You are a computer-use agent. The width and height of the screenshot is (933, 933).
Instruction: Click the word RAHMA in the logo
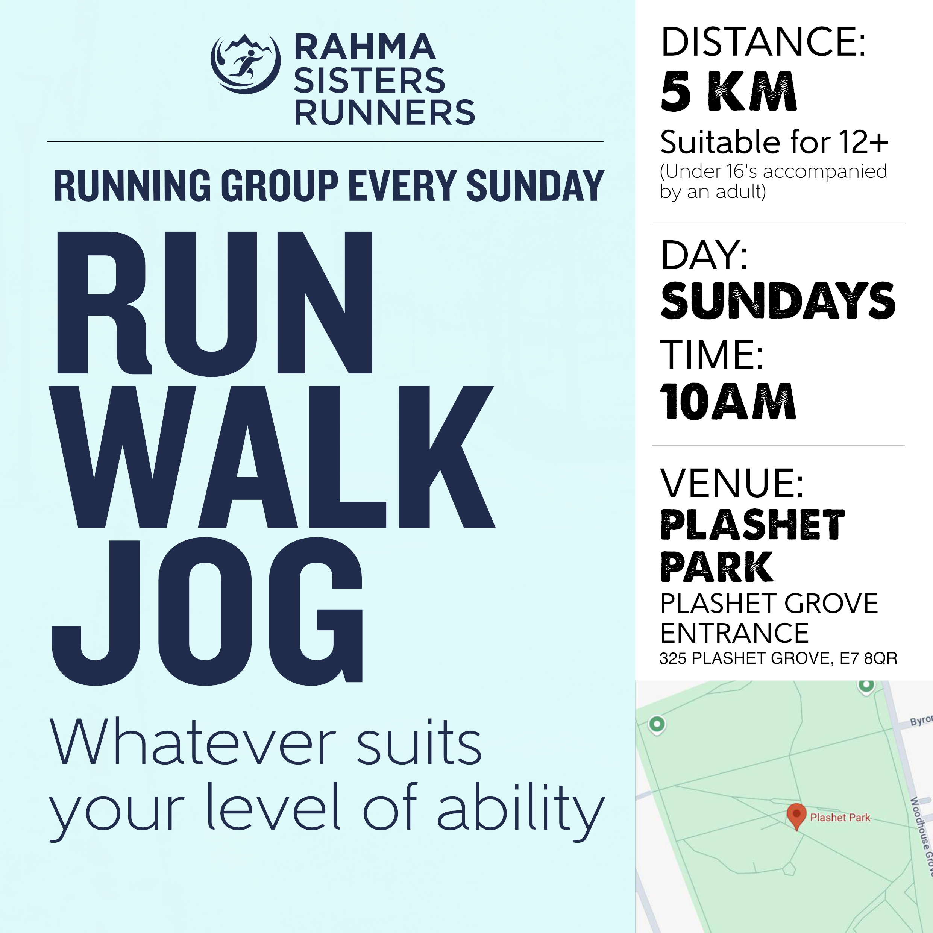(365, 47)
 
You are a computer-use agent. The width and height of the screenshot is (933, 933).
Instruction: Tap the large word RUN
(215, 303)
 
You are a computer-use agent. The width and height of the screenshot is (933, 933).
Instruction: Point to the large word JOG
(208, 611)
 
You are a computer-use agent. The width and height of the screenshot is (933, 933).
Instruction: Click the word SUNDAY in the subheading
(535, 185)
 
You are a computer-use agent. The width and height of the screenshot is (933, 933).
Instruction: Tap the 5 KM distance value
(728, 92)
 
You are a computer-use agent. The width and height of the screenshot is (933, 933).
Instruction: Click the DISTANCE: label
(763, 42)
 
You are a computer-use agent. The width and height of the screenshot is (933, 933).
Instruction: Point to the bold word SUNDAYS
(778, 301)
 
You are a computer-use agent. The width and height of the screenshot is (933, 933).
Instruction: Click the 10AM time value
(727, 401)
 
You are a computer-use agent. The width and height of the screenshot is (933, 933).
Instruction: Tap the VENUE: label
(732, 483)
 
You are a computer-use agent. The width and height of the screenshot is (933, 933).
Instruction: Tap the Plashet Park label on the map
(840, 818)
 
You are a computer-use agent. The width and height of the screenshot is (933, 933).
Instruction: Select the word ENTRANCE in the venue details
(734, 633)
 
